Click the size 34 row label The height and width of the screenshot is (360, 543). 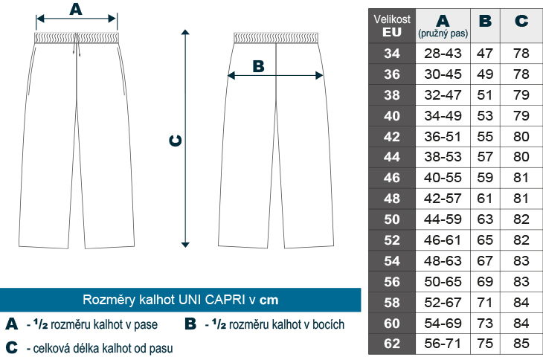392,54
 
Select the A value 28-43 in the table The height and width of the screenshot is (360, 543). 443,54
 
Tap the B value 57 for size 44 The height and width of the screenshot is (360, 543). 485,157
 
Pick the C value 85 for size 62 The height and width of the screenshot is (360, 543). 521,344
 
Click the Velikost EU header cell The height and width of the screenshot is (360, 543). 392,25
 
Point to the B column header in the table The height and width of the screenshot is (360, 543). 485,21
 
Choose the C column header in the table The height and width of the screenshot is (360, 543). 521,21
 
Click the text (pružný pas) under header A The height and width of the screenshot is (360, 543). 443,33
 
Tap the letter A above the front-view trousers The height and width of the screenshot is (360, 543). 76,9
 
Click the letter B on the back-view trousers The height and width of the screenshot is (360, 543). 258,66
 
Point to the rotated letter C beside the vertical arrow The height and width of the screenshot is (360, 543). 176,141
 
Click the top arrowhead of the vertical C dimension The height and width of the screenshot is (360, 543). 185,32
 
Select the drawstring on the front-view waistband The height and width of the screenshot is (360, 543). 77,45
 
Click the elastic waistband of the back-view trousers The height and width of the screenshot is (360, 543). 276,38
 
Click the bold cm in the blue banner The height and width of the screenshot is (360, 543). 269,300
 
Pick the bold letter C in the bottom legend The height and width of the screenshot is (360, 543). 12,347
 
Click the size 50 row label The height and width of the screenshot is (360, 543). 392,219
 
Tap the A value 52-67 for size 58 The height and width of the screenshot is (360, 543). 443,302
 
